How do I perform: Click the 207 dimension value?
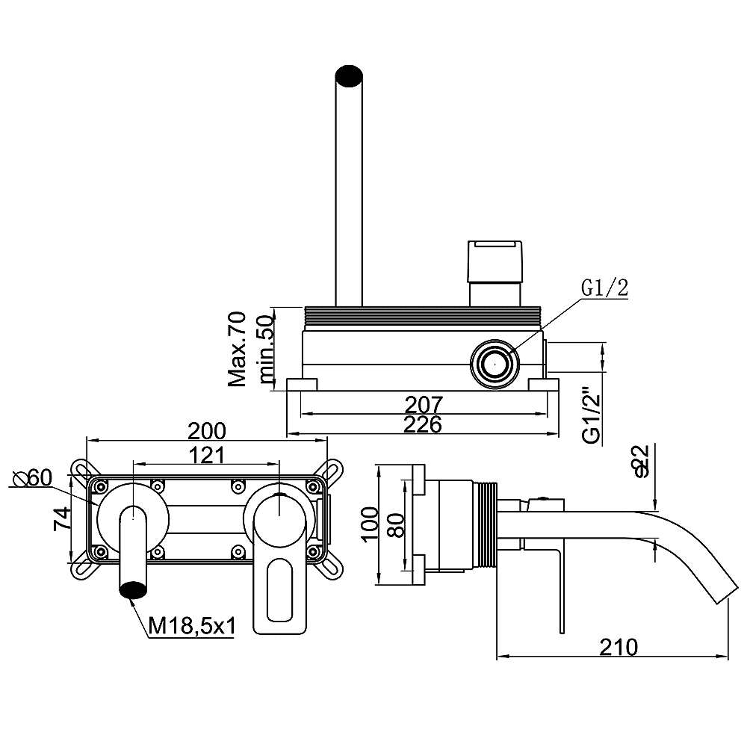(x=424, y=404)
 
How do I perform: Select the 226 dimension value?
(x=423, y=424)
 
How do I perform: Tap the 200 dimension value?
(x=206, y=431)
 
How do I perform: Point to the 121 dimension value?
(x=207, y=455)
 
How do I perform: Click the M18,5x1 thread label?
(x=192, y=626)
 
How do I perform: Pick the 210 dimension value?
(x=619, y=647)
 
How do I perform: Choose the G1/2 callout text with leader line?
(x=604, y=288)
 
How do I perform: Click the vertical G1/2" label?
(x=592, y=412)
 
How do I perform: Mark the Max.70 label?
(x=237, y=349)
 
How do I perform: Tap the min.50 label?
(x=267, y=349)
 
